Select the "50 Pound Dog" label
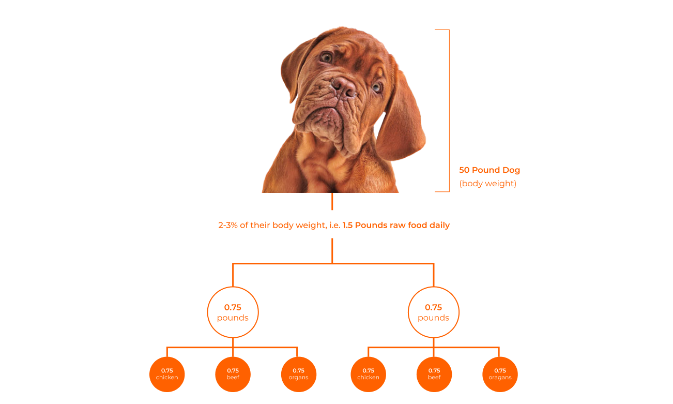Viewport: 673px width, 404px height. (489, 170)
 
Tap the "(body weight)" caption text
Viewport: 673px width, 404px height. (487, 184)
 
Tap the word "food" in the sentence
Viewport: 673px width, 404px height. (416, 226)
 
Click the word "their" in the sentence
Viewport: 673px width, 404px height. (261, 226)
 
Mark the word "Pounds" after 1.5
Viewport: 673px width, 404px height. (370, 226)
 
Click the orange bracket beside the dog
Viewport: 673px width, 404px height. (448, 111)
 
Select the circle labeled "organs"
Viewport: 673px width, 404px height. (298, 374)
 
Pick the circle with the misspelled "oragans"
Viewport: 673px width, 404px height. (500, 374)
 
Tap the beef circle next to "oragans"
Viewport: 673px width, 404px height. (434, 374)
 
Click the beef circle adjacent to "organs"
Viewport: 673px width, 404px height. (233, 374)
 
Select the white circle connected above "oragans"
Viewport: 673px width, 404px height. (434, 312)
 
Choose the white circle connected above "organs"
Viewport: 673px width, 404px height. (233, 312)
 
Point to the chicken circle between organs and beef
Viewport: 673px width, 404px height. (368, 374)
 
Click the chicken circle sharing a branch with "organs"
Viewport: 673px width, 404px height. (167, 374)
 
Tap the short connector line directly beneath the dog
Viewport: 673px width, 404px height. (332, 201)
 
